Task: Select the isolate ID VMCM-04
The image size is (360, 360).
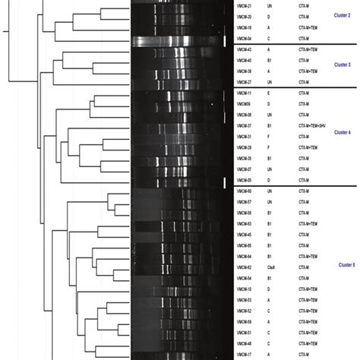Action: click(x=245, y=37)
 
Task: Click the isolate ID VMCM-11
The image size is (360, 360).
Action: click(x=245, y=93)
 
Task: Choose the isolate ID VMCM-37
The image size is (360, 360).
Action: click(x=245, y=125)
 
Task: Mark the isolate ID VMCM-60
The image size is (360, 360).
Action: click(x=245, y=191)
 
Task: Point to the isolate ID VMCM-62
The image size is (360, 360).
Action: click(x=245, y=268)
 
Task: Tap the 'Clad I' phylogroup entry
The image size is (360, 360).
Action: click(x=270, y=268)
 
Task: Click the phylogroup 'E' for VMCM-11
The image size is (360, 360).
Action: click(x=268, y=93)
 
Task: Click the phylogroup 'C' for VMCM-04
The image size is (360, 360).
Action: click(x=268, y=37)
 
